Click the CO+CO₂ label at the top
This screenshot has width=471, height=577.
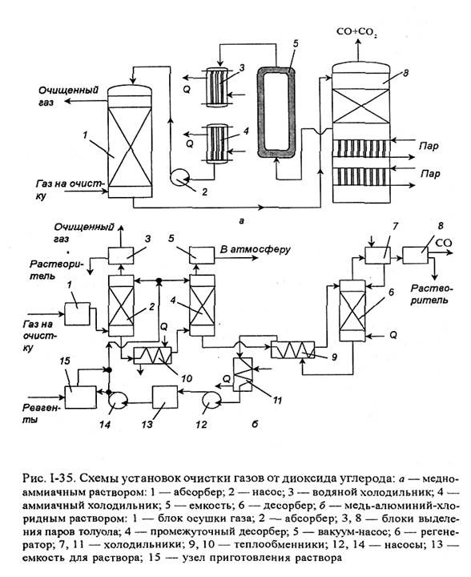[356, 32]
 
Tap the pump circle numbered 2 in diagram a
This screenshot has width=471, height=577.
[179, 177]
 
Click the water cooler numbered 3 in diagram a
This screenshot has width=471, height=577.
[216, 87]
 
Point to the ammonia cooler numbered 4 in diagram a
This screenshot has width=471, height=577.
[216, 143]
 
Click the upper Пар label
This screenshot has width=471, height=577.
[429, 147]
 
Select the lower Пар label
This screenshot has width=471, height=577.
[430, 174]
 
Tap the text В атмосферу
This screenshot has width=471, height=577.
[256, 250]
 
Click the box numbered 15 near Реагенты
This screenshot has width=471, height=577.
[81, 397]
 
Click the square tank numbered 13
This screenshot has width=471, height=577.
[165, 397]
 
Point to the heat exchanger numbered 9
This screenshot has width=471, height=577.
[292, 349]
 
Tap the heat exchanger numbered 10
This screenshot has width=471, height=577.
[152, 355]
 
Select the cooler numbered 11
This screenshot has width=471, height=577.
[242, 374]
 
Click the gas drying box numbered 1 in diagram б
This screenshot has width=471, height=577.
[78, 313]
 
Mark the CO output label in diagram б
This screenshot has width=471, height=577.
[444, 244]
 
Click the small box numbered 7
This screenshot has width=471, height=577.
[377, 255]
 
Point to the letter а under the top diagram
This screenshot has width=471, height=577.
[242, 221]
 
